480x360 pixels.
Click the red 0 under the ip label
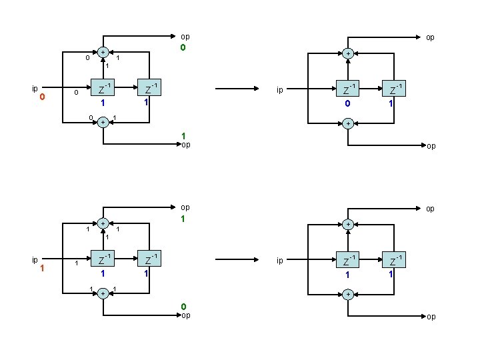(42, 97)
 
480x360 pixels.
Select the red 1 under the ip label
(42, 268)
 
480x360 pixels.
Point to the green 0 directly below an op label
(183, 48)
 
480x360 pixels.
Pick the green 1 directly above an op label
(183, 135)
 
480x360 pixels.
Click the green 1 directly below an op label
(183, 219)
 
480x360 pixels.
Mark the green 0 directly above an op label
(183, 307)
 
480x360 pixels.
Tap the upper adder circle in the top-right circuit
(347, 54)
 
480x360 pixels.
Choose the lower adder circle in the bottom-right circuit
(347, 294)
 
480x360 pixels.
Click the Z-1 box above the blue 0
(347, 88)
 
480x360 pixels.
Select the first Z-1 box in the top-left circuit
(103, 88)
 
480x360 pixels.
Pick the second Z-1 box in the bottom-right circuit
(395, 259)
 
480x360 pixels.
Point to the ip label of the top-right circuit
(281, 89)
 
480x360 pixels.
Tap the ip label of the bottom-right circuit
(281, 260)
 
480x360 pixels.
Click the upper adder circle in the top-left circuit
(103, 52)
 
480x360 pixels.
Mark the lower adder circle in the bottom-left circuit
(103, 293)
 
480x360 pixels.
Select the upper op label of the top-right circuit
(430, 38)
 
